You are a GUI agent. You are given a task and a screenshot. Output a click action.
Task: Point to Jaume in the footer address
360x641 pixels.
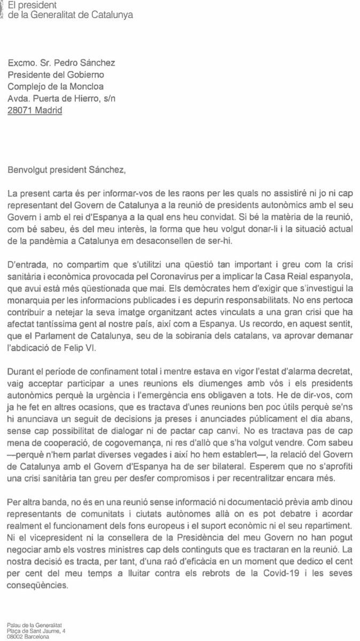pyautogui.click(x=50, y=631)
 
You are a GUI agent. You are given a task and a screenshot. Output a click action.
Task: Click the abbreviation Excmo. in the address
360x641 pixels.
pyautogui.click(x=21, y=63)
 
